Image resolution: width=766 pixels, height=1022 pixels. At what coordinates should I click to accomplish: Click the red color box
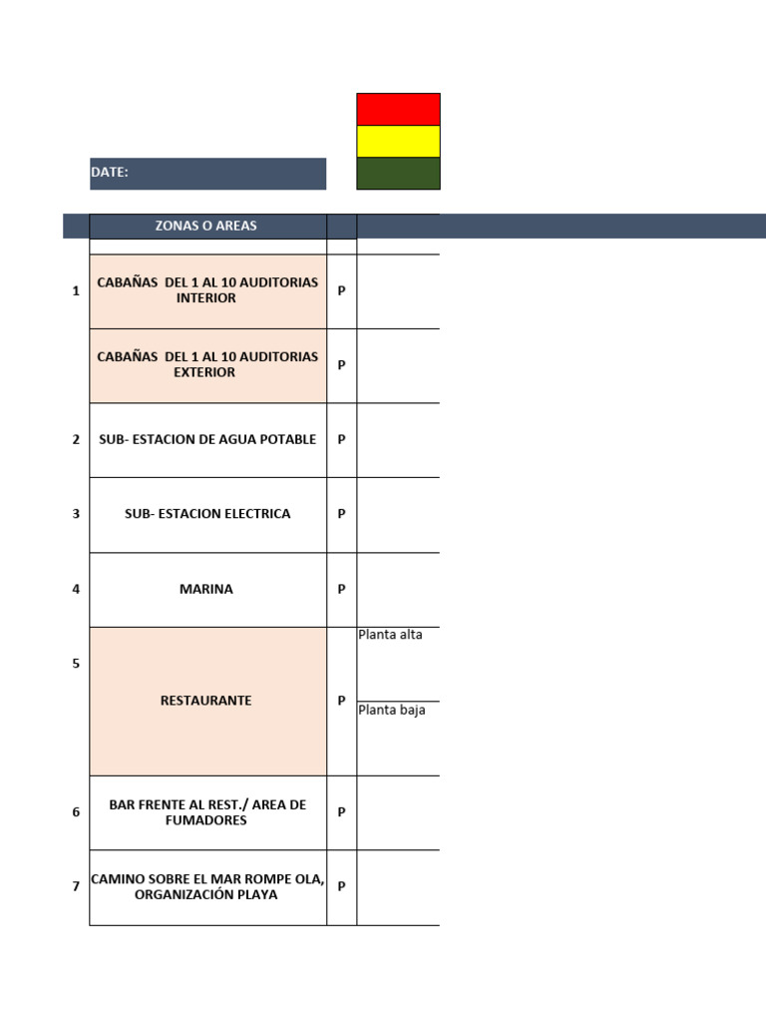pos(398,109)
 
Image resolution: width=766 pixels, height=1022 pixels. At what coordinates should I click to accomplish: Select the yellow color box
pos(398,141)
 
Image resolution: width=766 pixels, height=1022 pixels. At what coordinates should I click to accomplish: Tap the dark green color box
pos(398,174)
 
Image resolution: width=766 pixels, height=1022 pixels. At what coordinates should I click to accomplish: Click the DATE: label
pos(110,172)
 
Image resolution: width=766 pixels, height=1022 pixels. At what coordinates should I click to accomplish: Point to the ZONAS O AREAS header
pos(205,226)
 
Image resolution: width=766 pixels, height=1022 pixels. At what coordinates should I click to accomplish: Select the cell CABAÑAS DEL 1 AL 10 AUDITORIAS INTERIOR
pos(207,290)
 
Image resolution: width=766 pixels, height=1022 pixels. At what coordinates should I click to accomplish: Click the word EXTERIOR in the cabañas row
pos(203,372)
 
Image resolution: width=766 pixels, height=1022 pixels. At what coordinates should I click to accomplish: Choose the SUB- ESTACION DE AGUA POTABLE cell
pos(207,440)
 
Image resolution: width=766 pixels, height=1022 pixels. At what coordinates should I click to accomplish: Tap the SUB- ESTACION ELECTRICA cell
pos(207,514)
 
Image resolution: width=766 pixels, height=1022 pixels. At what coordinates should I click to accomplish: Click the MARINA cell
pos(207,589)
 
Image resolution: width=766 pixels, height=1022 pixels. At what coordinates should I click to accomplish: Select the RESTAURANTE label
pos(205,701)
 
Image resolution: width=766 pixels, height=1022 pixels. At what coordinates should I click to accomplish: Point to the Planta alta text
pos(390,634)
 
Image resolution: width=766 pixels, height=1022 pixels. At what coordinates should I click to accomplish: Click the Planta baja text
pos(391,710)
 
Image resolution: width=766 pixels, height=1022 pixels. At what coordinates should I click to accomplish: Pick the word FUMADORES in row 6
pos(205,820)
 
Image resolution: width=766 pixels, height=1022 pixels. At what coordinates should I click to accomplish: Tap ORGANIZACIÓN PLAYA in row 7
pos(205,894)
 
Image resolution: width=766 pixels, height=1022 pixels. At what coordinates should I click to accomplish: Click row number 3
pos(76,514)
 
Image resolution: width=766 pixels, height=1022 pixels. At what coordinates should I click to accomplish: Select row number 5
pos(76,664)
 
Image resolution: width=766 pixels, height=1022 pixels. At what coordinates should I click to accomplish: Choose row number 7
pos(76,886)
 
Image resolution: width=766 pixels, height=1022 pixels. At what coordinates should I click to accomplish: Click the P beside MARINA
pos(341,589)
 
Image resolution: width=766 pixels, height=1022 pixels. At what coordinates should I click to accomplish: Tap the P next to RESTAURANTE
pos(341,701)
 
